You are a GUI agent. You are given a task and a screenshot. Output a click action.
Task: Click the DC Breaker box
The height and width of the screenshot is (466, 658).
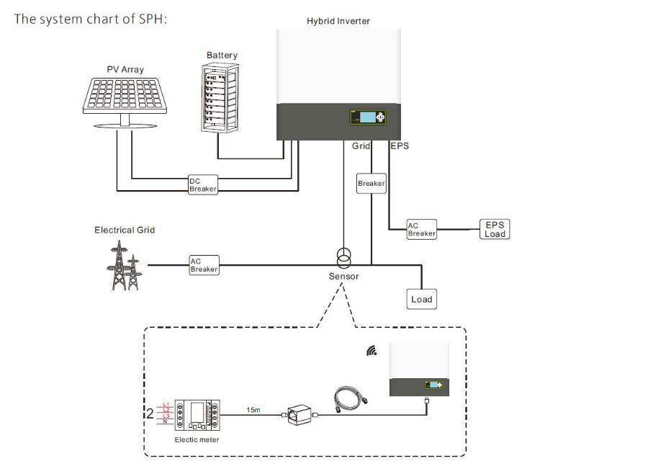(x=202, y=184)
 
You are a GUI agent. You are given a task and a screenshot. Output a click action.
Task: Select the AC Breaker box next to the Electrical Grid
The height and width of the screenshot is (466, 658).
(x=204, y=265)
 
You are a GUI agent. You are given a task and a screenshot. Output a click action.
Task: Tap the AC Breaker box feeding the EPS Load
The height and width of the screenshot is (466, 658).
(x=421, y=229)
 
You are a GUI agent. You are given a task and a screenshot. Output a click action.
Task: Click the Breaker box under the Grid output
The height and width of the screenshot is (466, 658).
(x=371, y=184)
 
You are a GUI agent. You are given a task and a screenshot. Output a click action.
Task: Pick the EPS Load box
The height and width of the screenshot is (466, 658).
(x=495, y=229)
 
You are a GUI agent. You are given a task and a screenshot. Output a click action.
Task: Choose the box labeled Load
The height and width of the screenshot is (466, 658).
(x=421, y=299)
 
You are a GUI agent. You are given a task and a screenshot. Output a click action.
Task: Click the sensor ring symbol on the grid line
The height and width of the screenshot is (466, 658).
(x=344, y=257)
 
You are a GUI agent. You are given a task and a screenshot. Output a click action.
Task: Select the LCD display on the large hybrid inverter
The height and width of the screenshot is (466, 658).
(x=367, y=117)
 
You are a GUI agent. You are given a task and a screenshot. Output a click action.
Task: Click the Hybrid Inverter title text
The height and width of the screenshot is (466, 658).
(x=338, y=21)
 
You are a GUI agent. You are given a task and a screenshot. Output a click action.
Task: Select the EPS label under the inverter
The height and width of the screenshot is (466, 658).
(x=400, y=146)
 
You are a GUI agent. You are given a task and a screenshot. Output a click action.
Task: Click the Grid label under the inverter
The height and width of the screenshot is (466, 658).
(x=361, y=146)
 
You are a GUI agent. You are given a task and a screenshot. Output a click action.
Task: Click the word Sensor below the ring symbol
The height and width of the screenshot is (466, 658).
(x=343, y=276)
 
